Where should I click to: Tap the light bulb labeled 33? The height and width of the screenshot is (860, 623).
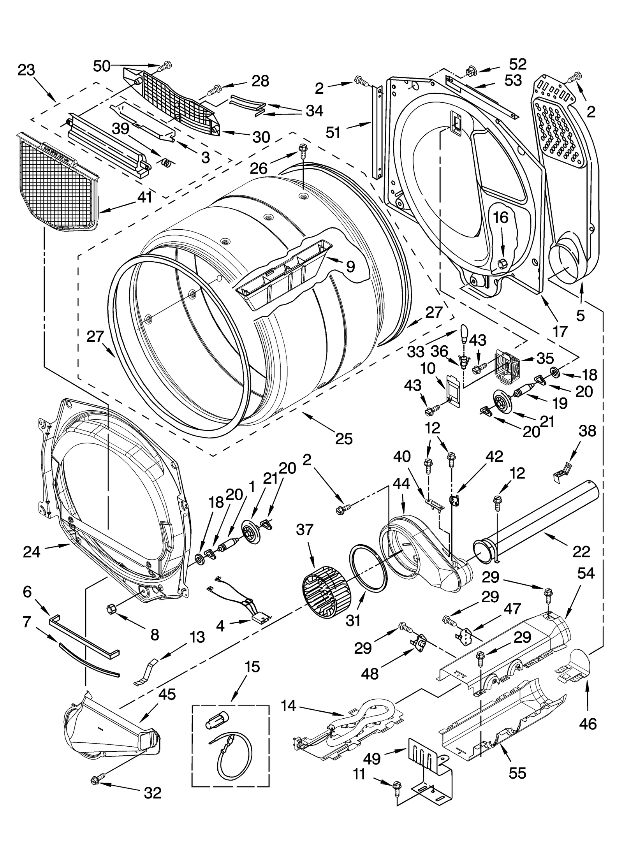(463, 331)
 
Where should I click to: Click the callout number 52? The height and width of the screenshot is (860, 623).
(517, 63)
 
